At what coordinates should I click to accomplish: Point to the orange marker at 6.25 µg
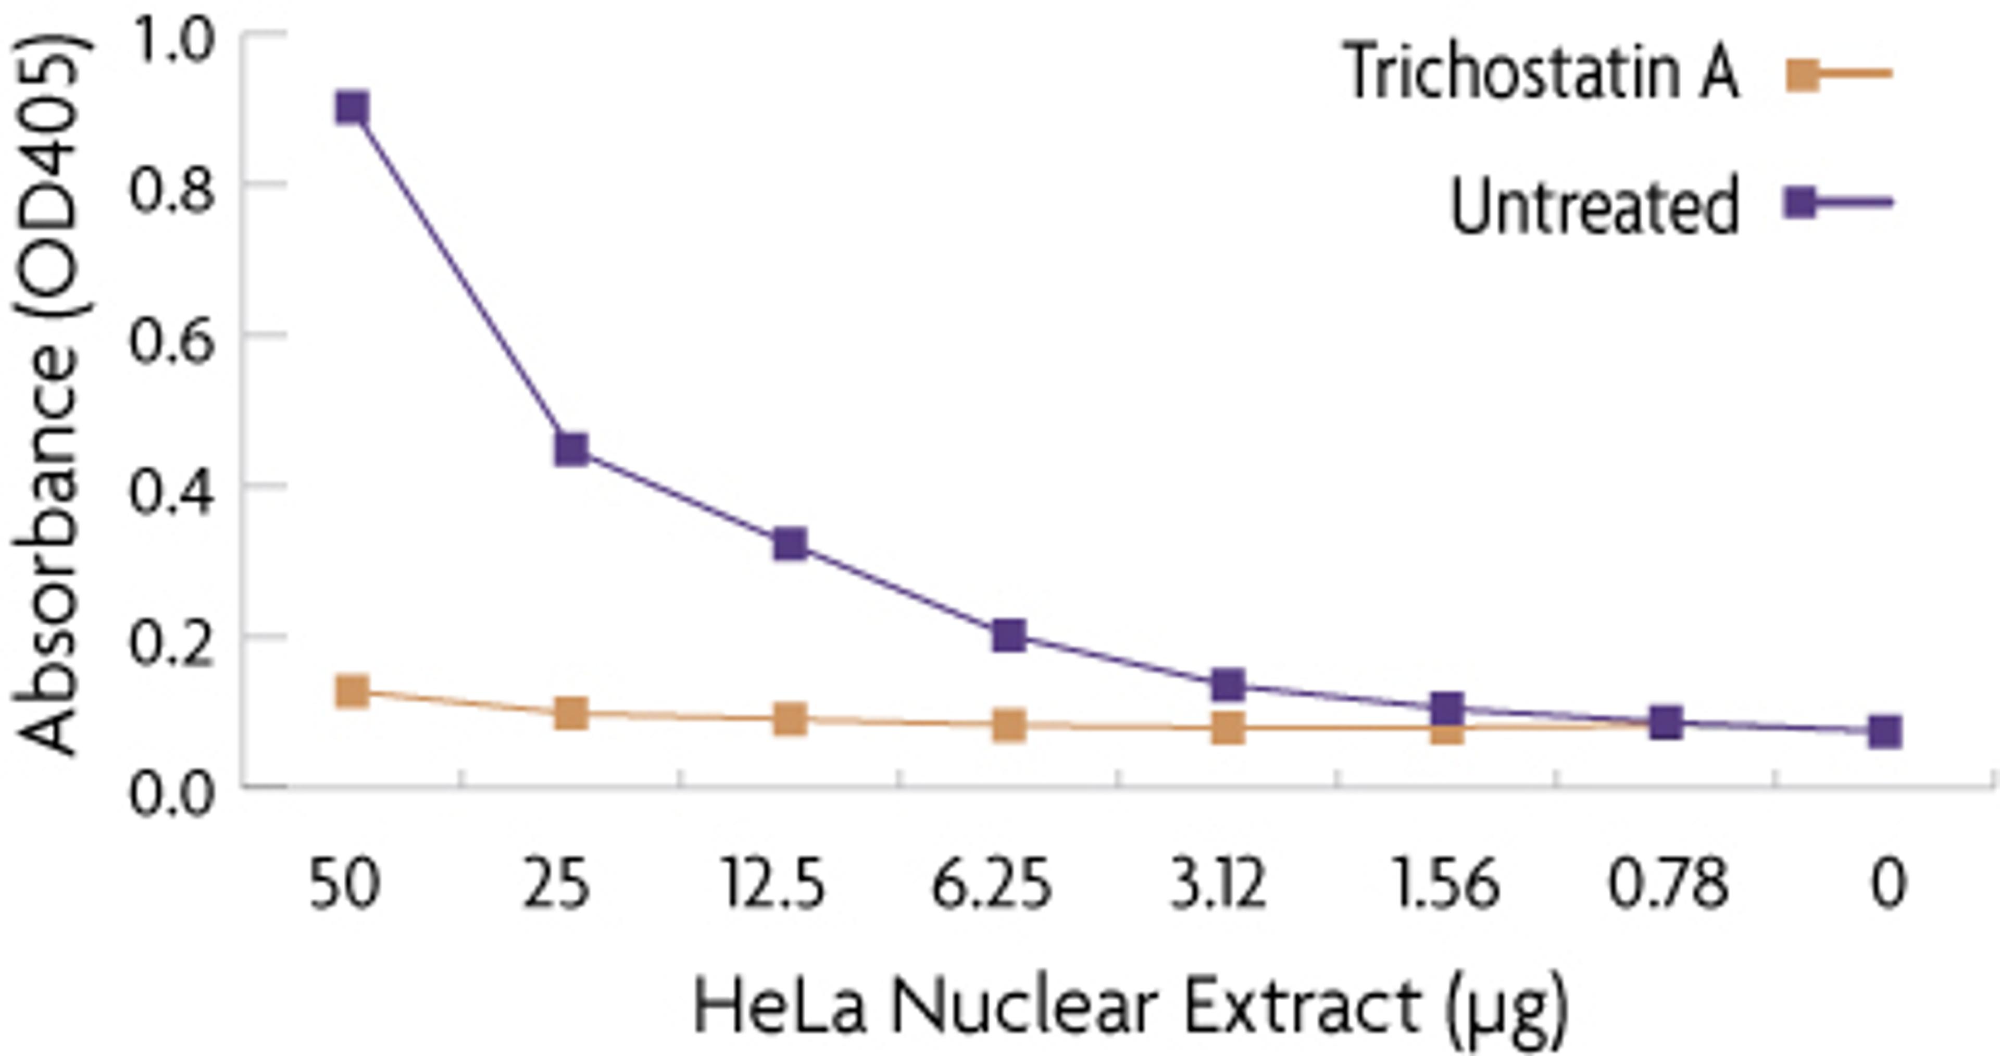pos(1008,726)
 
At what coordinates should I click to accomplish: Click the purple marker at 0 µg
pos(1884,731)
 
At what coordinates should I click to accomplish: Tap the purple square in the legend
pos(1799,203)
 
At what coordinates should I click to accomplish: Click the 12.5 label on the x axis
pos(773,885)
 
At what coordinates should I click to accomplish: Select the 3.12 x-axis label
pos(1217,885)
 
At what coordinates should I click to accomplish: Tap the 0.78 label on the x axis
pos(1668,885)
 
